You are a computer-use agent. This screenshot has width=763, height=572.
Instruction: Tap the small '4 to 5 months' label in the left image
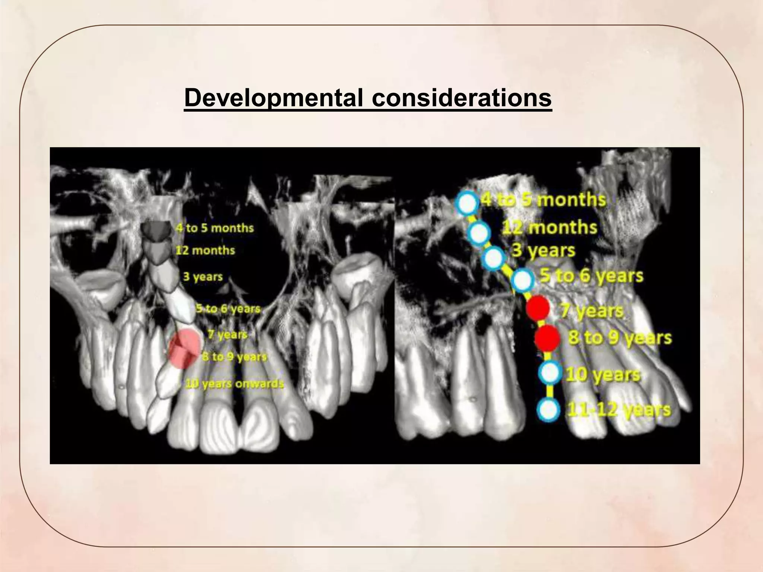pos(215,228)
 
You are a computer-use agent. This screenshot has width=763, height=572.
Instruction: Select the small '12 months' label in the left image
pos(205,250)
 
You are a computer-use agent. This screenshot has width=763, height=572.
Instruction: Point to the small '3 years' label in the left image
pos(203,277)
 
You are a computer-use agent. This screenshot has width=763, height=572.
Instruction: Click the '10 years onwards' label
pos(235,384)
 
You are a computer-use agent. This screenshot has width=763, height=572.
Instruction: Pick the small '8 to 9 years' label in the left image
pos(235,357)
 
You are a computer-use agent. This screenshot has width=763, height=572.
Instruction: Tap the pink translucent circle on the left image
pos(185,348)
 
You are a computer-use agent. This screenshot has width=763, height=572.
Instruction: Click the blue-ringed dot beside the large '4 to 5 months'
pos(467,203)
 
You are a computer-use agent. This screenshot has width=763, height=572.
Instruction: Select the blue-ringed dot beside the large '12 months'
pos(479,233)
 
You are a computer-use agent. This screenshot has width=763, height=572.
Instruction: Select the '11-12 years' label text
pos(618,410)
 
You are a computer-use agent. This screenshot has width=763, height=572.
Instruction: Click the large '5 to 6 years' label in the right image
pos(592,276)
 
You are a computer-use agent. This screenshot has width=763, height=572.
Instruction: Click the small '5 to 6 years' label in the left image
pos(228,309)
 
